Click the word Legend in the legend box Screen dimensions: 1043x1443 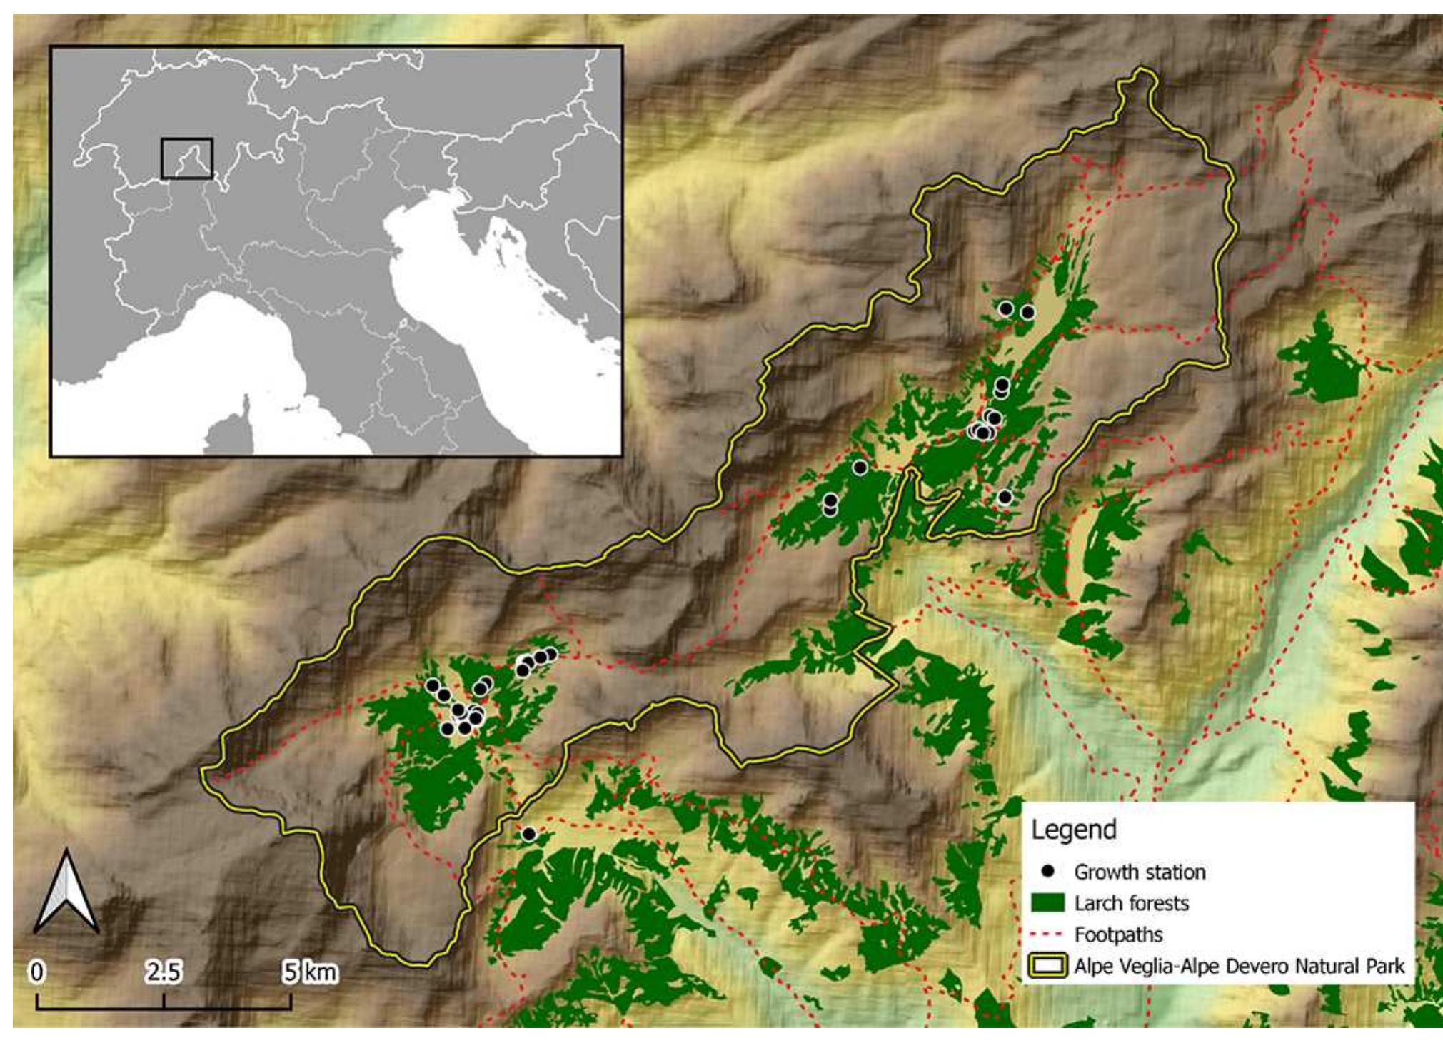pyautogui.click(x=1073, y=830)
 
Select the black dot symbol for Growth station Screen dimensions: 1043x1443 pyautogui.click(x=1047, y=872)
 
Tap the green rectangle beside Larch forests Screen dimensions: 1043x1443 pyautogui.click(x=1047, y=903)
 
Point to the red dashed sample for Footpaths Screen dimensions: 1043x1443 pyautogui.click(x=1047, y=934)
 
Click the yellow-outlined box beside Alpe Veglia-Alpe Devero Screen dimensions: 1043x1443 pyautogui.click(x=1047, y=966)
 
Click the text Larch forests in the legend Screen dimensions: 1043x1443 pyautogui.click(x=1131, y=903)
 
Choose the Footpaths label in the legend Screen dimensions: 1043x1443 pyautogui.click(x=1118, y=934)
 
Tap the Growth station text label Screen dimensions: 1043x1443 pyautogui.click(x=1140, y=872)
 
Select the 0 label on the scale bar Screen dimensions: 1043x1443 pyautogui.click(x=36, y=972)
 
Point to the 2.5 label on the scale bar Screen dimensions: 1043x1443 pyautogui.click(x=164, y=972)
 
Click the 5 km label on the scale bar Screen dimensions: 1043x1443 pyautogui.click(x=308, y=972)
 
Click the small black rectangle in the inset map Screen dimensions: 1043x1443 pyautogui.click(x=186, y=158)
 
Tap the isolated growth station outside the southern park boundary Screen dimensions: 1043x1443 pyautogui.click(x=528, y=834)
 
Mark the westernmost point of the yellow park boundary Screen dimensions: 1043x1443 pyautogui.click(x=202, y=772)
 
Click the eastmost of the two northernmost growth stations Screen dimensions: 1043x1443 pyautogui.click(x=1027, y=312)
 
